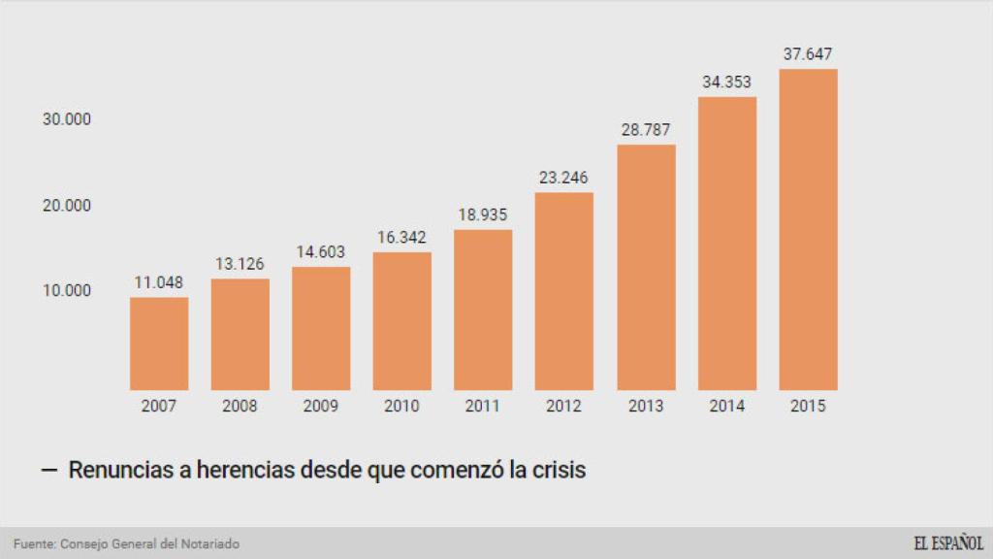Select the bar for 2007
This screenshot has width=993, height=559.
coord(159,344)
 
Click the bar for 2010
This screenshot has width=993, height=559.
coord(402,321)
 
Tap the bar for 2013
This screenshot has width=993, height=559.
coord(646,267)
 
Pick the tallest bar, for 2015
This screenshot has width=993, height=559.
coord(808,229)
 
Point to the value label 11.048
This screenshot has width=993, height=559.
coord(159,283)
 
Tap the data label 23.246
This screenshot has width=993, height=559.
coord(563,178)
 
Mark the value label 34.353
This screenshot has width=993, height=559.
coord(726,82)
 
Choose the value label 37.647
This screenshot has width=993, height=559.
coord(808,54)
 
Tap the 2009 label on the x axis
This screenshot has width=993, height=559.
coord(321,407)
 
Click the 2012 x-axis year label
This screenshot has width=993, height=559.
coord(563,407)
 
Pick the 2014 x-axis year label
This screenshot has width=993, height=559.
coord(726,407)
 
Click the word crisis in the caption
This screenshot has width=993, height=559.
coord(557,471)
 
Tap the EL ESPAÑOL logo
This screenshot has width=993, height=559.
coord(947,543)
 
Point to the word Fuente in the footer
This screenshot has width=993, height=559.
coord(33,544)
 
